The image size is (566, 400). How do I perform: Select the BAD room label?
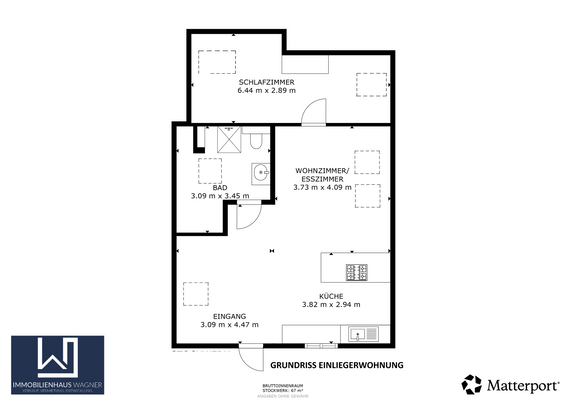pos(218,187)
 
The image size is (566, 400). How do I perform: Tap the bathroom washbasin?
pos(262,172)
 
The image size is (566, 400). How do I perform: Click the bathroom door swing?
pos(249,214)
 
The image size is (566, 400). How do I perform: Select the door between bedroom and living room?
pos(315,112)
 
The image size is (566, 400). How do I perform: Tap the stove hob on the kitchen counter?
pos(356,270)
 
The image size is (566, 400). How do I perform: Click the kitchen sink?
pos(369,334)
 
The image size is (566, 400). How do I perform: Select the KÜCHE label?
pos(330,296)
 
